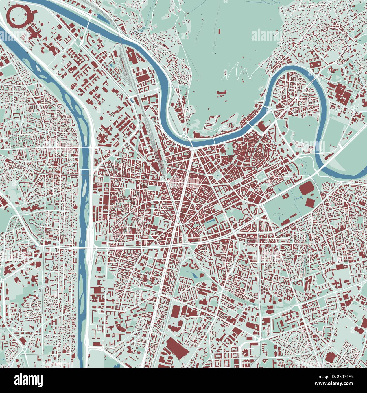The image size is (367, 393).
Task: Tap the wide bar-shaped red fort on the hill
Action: [222, 92]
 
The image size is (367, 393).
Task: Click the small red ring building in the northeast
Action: [352, 101]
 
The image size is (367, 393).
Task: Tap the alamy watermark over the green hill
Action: [265, 35]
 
